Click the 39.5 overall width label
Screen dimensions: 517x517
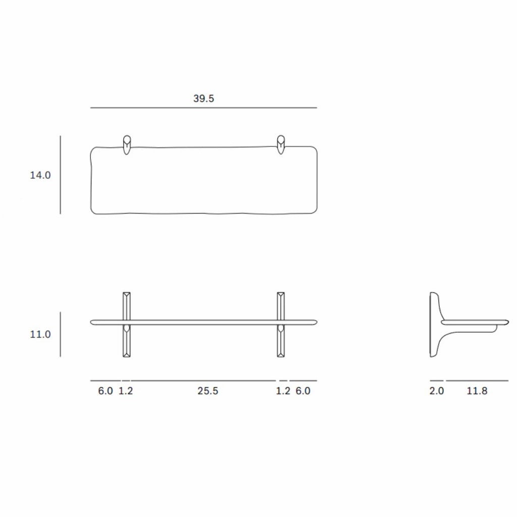point(203,98)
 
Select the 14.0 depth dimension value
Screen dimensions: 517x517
point(40,175)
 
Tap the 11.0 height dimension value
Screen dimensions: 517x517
point(40,334)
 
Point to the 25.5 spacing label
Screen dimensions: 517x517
point(208,391)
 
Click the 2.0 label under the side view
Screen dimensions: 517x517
point(437,391)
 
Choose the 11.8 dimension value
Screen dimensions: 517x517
point(477,391)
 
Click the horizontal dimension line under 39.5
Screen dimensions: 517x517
point(203,108)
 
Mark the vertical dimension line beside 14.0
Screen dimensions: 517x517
point(61,174)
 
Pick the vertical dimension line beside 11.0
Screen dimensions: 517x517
point(61,334)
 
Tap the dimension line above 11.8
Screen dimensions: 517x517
point(477,380)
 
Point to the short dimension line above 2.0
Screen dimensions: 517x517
point(437,380)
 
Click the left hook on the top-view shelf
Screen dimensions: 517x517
point(127,144)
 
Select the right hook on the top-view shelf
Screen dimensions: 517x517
point(281,144)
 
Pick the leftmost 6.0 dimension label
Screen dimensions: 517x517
point(106,391)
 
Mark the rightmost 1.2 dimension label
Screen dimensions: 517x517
point(283,391)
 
